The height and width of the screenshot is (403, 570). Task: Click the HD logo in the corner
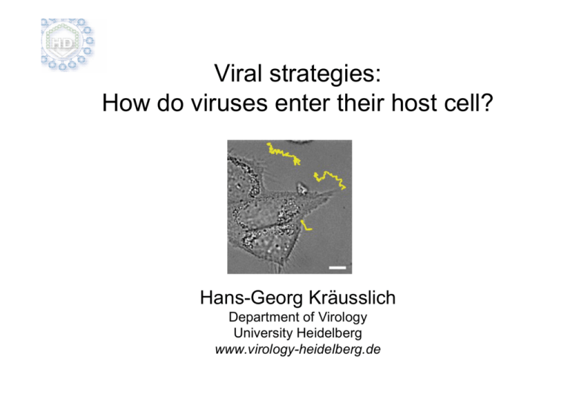(x=68, y=44)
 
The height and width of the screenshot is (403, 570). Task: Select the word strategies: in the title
(x=325, y=74)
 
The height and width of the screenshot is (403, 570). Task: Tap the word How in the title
(x=125, y=103)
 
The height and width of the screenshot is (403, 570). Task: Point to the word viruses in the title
(x=230, y=103)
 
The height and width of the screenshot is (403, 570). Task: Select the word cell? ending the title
(x=468, y=103)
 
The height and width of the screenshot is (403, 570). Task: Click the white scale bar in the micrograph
(x=338, y=268)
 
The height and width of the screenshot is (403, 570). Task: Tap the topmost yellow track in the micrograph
(x=283, y=153)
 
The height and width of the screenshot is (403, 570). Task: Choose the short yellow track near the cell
(x=305, y=226)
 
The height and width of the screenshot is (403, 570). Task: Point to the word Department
(x=267, y=318)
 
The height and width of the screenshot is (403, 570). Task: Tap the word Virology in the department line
(x=343, y=318)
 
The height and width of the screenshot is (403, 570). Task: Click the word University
(x=263, y=333)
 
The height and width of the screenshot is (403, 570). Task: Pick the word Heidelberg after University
(x=330, y=333)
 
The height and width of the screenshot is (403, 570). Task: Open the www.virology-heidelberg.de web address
(x=298, y=350)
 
